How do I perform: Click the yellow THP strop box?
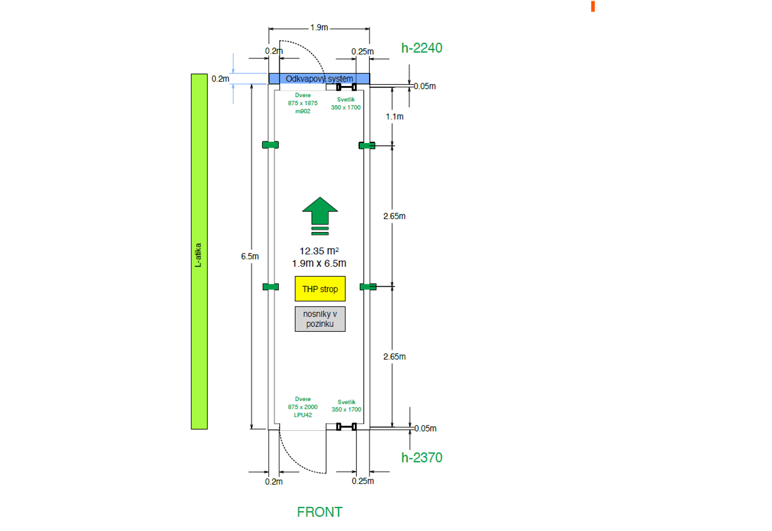[320, 289]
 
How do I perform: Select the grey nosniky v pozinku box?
[320, 319]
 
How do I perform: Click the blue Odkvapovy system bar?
[319, 79]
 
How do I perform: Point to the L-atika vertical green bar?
[199, 252]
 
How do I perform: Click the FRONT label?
[319, 512]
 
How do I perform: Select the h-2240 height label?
[422, 48]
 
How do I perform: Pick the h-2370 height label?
[422, 458]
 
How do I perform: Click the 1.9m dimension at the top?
[319, 28]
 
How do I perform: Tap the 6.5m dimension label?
[250, 256]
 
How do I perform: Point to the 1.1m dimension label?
[395, 117]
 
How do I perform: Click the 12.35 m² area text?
[319, 251]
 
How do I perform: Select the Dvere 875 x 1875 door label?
[303, 103]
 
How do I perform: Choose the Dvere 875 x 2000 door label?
[303, 407]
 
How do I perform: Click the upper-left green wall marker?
[270, 145]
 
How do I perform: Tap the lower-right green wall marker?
[368, 287]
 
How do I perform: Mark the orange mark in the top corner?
[593, 6]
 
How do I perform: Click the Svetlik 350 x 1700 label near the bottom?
[346, 406]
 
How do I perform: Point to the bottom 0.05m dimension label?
[425, 429]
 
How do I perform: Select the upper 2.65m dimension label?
[394, 216]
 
